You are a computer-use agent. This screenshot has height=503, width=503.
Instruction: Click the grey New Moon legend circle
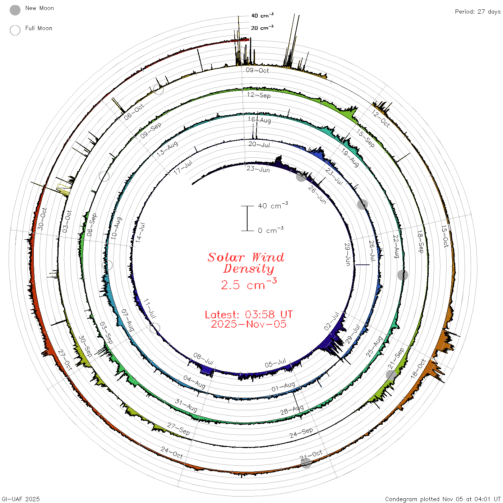click(x=15, y=10)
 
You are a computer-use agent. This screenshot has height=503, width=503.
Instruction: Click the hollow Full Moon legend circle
click(x=15, y=30)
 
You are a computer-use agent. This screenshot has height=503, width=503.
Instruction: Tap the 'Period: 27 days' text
click(x=478, y=12)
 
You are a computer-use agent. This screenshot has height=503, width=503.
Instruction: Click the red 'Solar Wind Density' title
click(x=246, y=263)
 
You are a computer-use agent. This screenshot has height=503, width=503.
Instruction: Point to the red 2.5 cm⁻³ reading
click(x=249, y=284)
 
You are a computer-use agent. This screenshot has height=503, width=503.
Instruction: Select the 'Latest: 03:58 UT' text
click(x=249, y=314)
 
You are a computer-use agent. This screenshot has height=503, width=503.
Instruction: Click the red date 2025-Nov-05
click(x=249, y=324)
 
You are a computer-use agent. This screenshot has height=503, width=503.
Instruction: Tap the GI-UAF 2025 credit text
click(x=21, y=499)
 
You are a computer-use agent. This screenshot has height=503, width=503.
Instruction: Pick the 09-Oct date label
click(x=257, y=70)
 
